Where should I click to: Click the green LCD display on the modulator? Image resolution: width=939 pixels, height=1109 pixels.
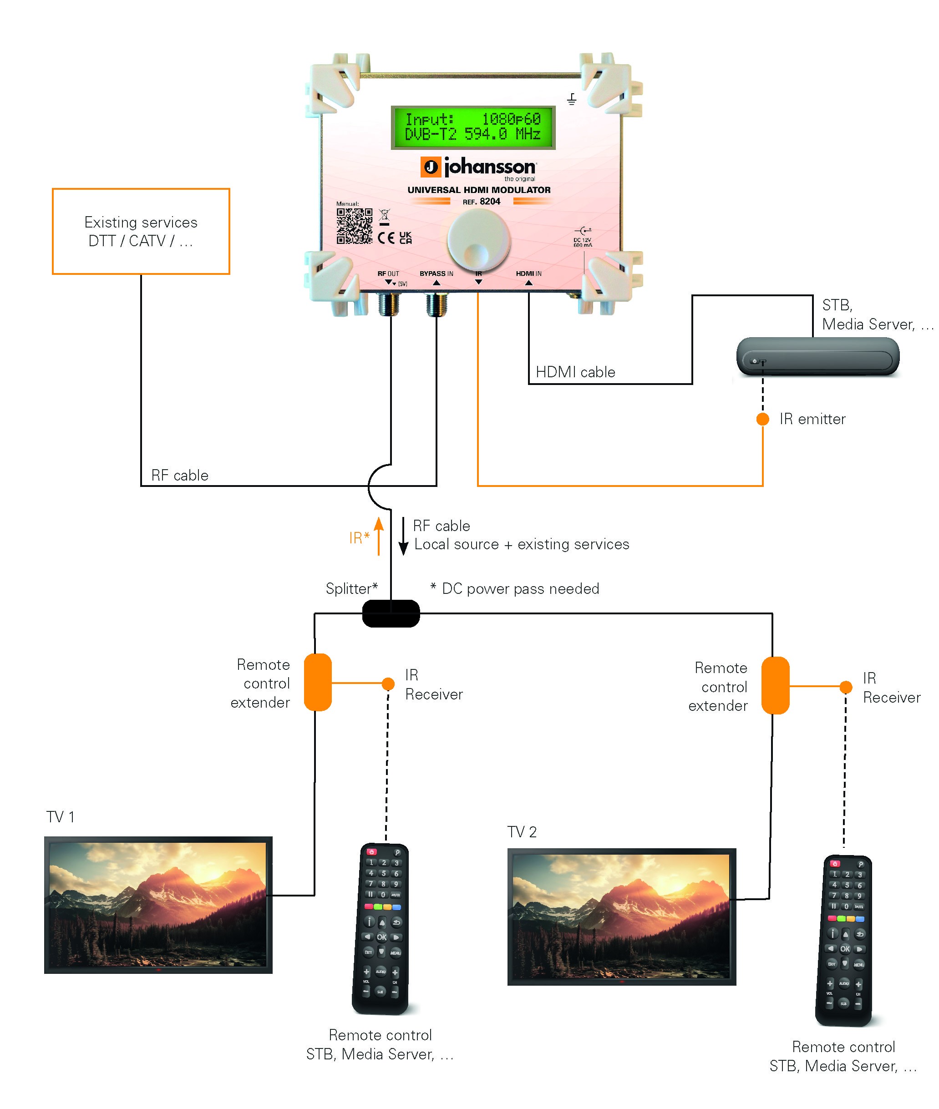pyautogui.click(x=473, y=127)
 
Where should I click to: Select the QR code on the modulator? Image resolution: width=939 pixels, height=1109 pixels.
pyautogui.click(x=354, y=226)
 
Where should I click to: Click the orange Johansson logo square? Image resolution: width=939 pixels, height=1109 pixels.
pyautogui.click(x=430, y=167)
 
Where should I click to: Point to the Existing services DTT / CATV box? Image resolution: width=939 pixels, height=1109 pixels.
pyautogui.click(x=141, y=231)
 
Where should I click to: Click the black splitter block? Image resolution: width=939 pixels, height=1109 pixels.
pyautogui.click(x=391, y=613)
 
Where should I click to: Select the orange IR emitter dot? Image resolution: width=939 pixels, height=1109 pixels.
pyautogui.click(x=762, y=419)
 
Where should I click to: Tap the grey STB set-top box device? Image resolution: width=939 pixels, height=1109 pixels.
pyautogui.click(x=817, y=356)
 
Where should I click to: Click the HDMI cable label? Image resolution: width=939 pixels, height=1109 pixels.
pyautogui.click(x=575, y=372)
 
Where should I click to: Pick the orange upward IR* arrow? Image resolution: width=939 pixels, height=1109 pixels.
pyautogui.click(x=379, y=535)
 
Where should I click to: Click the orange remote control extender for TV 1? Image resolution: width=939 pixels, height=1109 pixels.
pyautogui.click(x=318, y=682)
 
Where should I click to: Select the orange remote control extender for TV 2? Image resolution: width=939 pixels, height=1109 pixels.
pyautogui.click(x=775, y=685)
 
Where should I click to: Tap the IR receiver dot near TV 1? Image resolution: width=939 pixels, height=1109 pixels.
pyautogui.click(x=388, y=683)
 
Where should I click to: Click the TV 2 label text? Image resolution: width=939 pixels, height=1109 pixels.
pyautogui.click(x=521, y=832)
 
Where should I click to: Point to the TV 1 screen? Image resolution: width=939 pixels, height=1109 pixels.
pyautogui.click(x=157, y=904)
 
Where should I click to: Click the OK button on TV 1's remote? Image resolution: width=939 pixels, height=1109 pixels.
pyautogui.click(x=382, y=937)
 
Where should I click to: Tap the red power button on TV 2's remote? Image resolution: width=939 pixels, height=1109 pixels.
pyautogui.click(x=835, y=863)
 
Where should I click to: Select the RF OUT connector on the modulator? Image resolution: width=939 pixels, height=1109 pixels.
pyautogui.click(x=388, y=304)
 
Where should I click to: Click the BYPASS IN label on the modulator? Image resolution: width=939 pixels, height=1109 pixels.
pyautogui.click(x=436, y=273)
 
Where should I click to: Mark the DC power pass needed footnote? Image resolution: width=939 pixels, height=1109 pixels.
pyautogui.click(x=514, y=588)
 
